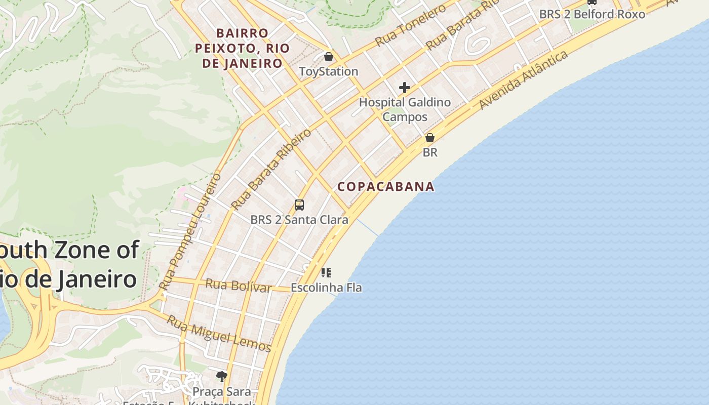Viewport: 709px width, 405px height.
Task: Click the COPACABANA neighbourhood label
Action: pos(386,186)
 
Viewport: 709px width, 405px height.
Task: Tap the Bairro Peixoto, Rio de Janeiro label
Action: pos(242,48)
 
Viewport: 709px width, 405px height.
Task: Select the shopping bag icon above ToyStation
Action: pos(329,57)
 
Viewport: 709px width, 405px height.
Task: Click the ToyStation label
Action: pos(329,71)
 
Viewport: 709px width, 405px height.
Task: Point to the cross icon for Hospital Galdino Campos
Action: pos(404,88)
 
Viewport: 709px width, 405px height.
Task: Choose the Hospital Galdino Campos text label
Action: pos(405,109)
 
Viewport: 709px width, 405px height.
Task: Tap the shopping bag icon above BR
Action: pos(430,138)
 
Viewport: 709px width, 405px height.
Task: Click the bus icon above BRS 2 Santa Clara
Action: pos(299,205)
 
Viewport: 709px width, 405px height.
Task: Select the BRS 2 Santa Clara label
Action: pos(299,220)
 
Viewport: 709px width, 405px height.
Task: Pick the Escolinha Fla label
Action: pos(326,288)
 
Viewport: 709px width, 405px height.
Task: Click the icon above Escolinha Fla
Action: pos(326,273)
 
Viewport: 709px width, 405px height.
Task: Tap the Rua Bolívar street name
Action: pos(238,286)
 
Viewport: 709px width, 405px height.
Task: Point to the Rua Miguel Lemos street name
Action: pos(219,334)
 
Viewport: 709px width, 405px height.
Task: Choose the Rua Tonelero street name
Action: pos(411,24)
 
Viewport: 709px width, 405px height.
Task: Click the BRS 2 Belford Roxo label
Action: pos(592,14)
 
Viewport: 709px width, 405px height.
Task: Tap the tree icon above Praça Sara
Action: pos(221,376)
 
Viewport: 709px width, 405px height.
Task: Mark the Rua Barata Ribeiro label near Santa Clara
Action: pos(271,169)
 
